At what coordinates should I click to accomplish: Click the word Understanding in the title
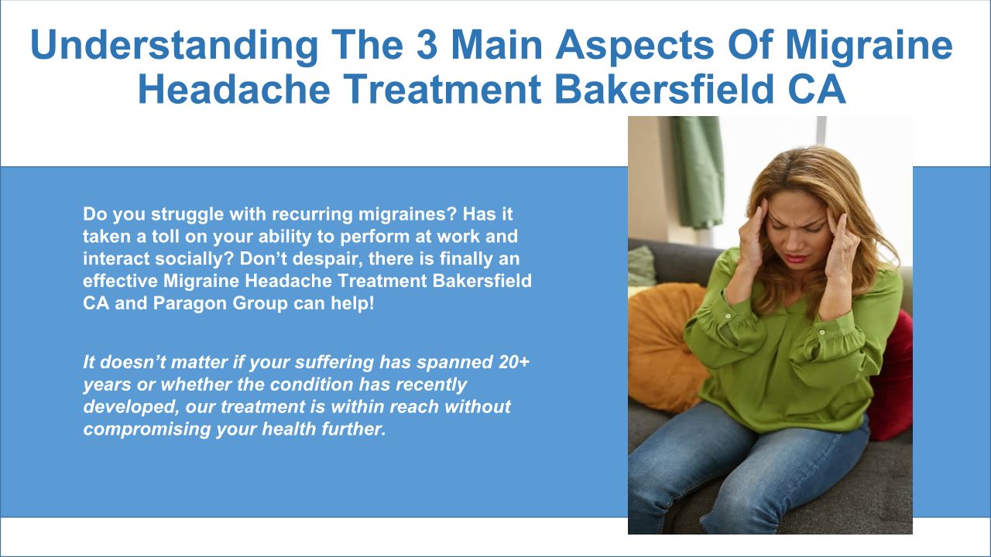point(174,45)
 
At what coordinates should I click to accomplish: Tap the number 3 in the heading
point(427,44)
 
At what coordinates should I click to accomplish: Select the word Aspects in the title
point(634,46)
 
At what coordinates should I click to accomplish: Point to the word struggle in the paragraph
point(187,214)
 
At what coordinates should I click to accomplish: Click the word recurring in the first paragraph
point(312,214)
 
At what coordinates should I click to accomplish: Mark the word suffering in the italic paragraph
point(334,363)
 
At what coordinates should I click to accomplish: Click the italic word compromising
point(147,429)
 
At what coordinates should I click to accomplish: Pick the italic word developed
point(132,407)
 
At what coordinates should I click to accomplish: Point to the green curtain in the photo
point(698,173)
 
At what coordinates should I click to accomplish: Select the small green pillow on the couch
point(642,267)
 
